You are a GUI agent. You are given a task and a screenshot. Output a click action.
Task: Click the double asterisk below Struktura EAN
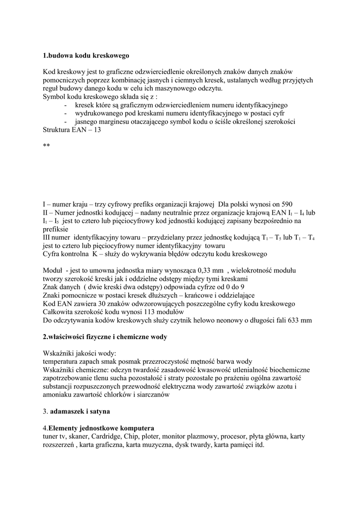[46, 147]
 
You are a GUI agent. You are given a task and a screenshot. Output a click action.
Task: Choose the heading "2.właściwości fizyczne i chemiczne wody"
[105, 337]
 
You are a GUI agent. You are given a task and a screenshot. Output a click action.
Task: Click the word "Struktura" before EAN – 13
[58, 130]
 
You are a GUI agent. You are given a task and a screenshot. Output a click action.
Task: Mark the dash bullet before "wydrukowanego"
[66, 114]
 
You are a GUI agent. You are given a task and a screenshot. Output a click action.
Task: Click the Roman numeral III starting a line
[48, 238]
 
